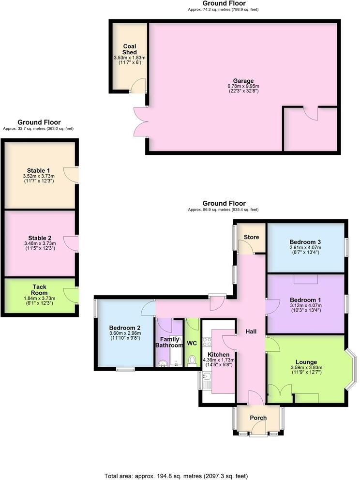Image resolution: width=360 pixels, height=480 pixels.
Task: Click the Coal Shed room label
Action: point(129,49)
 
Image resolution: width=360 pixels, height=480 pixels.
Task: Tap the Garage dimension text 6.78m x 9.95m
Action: point(243,86)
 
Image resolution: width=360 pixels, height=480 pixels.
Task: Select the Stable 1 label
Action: point(39,170)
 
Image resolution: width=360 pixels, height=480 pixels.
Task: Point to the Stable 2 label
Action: point(39,238)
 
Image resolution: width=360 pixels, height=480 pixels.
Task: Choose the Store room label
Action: point(251,237)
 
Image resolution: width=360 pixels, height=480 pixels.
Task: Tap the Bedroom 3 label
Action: point(305,242)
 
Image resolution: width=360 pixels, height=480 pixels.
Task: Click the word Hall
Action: point(251,331)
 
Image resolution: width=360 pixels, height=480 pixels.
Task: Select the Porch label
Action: point(258,418)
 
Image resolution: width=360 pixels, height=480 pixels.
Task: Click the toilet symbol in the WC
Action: point(192,360)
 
